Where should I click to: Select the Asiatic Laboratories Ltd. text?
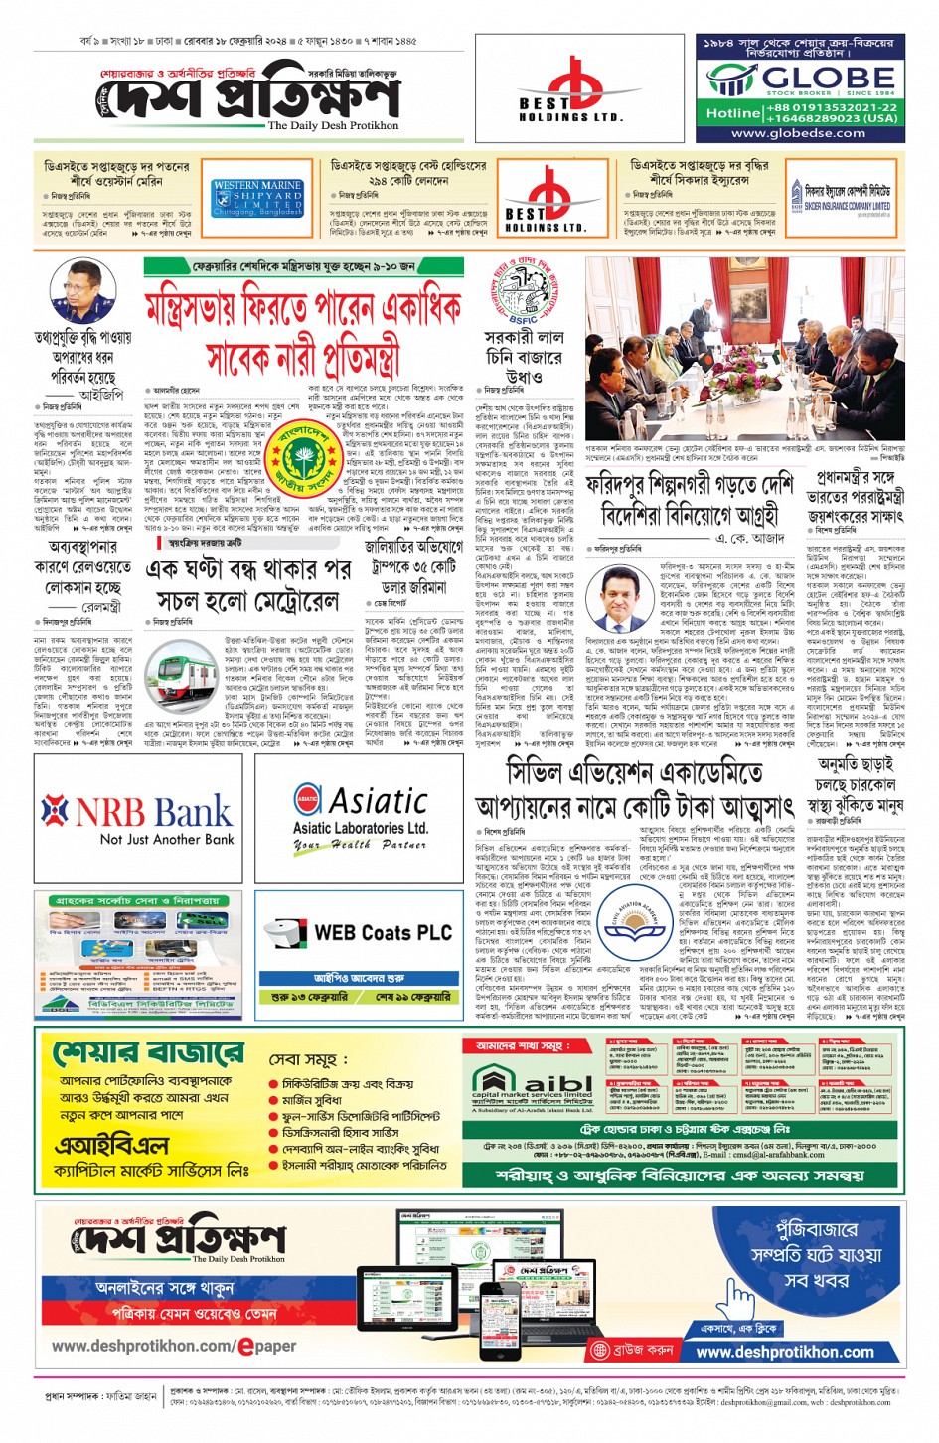click(x=361, y=827)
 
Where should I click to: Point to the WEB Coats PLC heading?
click(x=383, y=932)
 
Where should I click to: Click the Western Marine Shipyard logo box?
click(x=256, y=199)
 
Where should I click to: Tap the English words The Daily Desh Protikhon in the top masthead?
click(x=333, y=126)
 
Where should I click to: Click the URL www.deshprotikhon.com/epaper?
click(x=174, y=1346)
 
